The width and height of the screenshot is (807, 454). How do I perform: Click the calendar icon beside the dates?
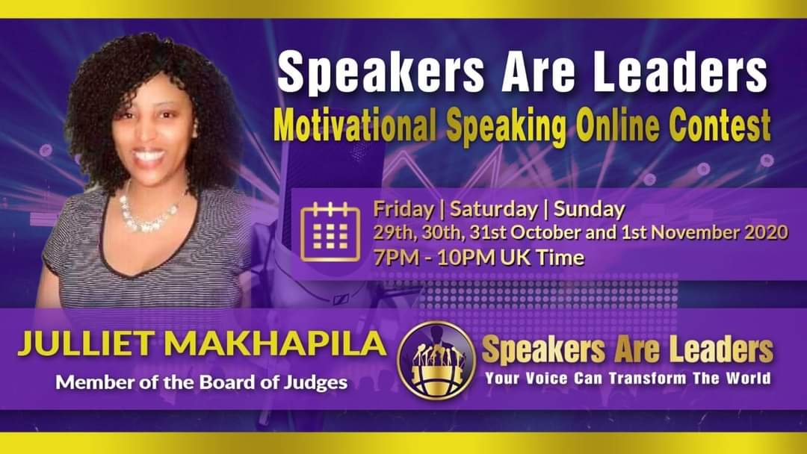[330, 232]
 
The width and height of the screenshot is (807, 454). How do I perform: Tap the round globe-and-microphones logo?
[437, 361]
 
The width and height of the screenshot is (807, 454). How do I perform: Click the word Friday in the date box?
[403, 209]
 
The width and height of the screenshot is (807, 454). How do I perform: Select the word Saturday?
[494, 209]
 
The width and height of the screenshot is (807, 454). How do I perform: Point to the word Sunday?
[590, 209]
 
